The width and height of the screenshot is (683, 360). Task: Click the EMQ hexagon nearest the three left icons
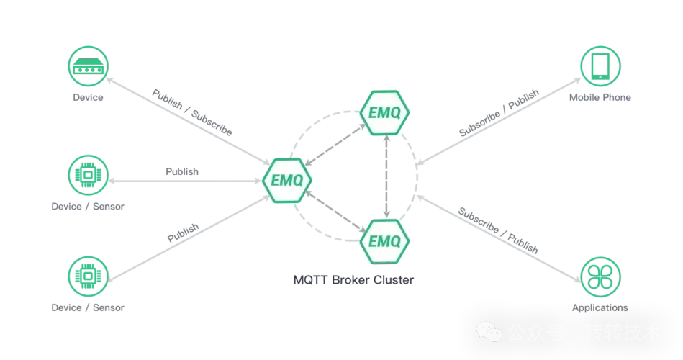287,180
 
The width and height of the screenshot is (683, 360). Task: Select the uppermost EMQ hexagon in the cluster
384,113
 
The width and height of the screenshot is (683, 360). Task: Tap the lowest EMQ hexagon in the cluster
384,239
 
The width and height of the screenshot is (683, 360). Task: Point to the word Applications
600,307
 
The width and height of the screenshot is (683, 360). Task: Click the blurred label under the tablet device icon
599,99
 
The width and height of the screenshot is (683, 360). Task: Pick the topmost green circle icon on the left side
86,66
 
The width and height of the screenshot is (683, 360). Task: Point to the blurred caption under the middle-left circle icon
89,207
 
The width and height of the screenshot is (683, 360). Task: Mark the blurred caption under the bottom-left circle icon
89,310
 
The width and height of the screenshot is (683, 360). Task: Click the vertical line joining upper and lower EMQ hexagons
386,176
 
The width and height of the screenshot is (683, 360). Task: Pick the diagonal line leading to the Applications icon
504,230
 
